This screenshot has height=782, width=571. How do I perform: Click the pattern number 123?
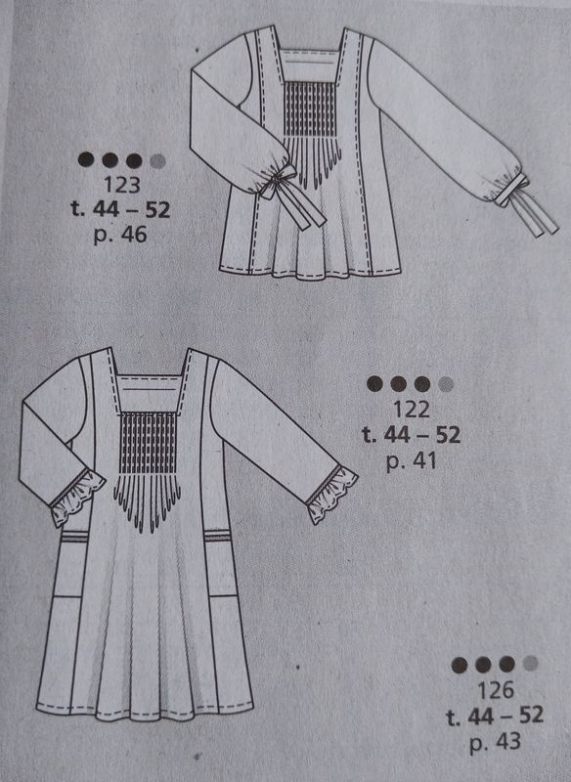(122, 185)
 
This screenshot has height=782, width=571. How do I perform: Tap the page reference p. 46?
(120, 234)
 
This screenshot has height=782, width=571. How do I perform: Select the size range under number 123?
(120, 209)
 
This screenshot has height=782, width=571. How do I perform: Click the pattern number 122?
(411, 410)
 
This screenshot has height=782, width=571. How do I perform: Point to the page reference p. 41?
(411, 460)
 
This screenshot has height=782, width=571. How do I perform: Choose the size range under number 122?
(411, 435)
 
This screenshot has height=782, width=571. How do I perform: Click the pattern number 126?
(495, 690)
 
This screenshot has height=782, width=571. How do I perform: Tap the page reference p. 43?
(495, 742)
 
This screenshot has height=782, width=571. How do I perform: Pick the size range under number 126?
(495, 716)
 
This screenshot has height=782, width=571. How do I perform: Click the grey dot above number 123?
(157, 160)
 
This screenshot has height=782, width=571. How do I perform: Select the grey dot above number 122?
(446, 384)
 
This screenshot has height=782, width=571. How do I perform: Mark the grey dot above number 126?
(531, 664)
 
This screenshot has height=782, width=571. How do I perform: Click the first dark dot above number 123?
(86, 159)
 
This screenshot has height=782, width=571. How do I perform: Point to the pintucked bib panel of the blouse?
(310, 109)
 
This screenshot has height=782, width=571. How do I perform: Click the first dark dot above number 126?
(460, 665)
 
